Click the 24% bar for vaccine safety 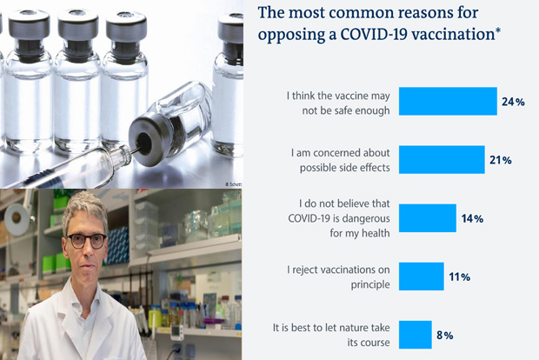coord(447,102)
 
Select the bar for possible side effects coord(441,160)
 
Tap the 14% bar coord(427,217)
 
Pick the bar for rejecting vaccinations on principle coord(421,277)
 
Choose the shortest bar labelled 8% coord(415,335)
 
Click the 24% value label coord(513,103)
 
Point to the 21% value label coord(501,161)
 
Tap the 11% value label coord(460,277)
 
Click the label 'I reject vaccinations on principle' coord(337,277)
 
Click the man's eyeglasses coord(86,240)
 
